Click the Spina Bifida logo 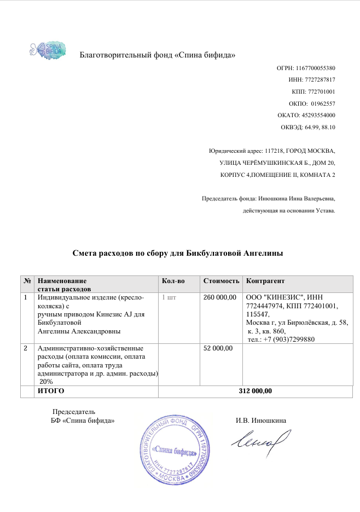(x=47, y=48)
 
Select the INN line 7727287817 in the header (x=311, y=79)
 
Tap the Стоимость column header (x=222, y=281)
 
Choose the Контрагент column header (x=266, y=281)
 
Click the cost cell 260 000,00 (x=219, y=297)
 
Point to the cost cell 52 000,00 (x=218, y=348)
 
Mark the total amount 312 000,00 (x=256, y=391)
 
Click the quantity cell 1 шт (x=170, y=297)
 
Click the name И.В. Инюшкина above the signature (x=261, y=421)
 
